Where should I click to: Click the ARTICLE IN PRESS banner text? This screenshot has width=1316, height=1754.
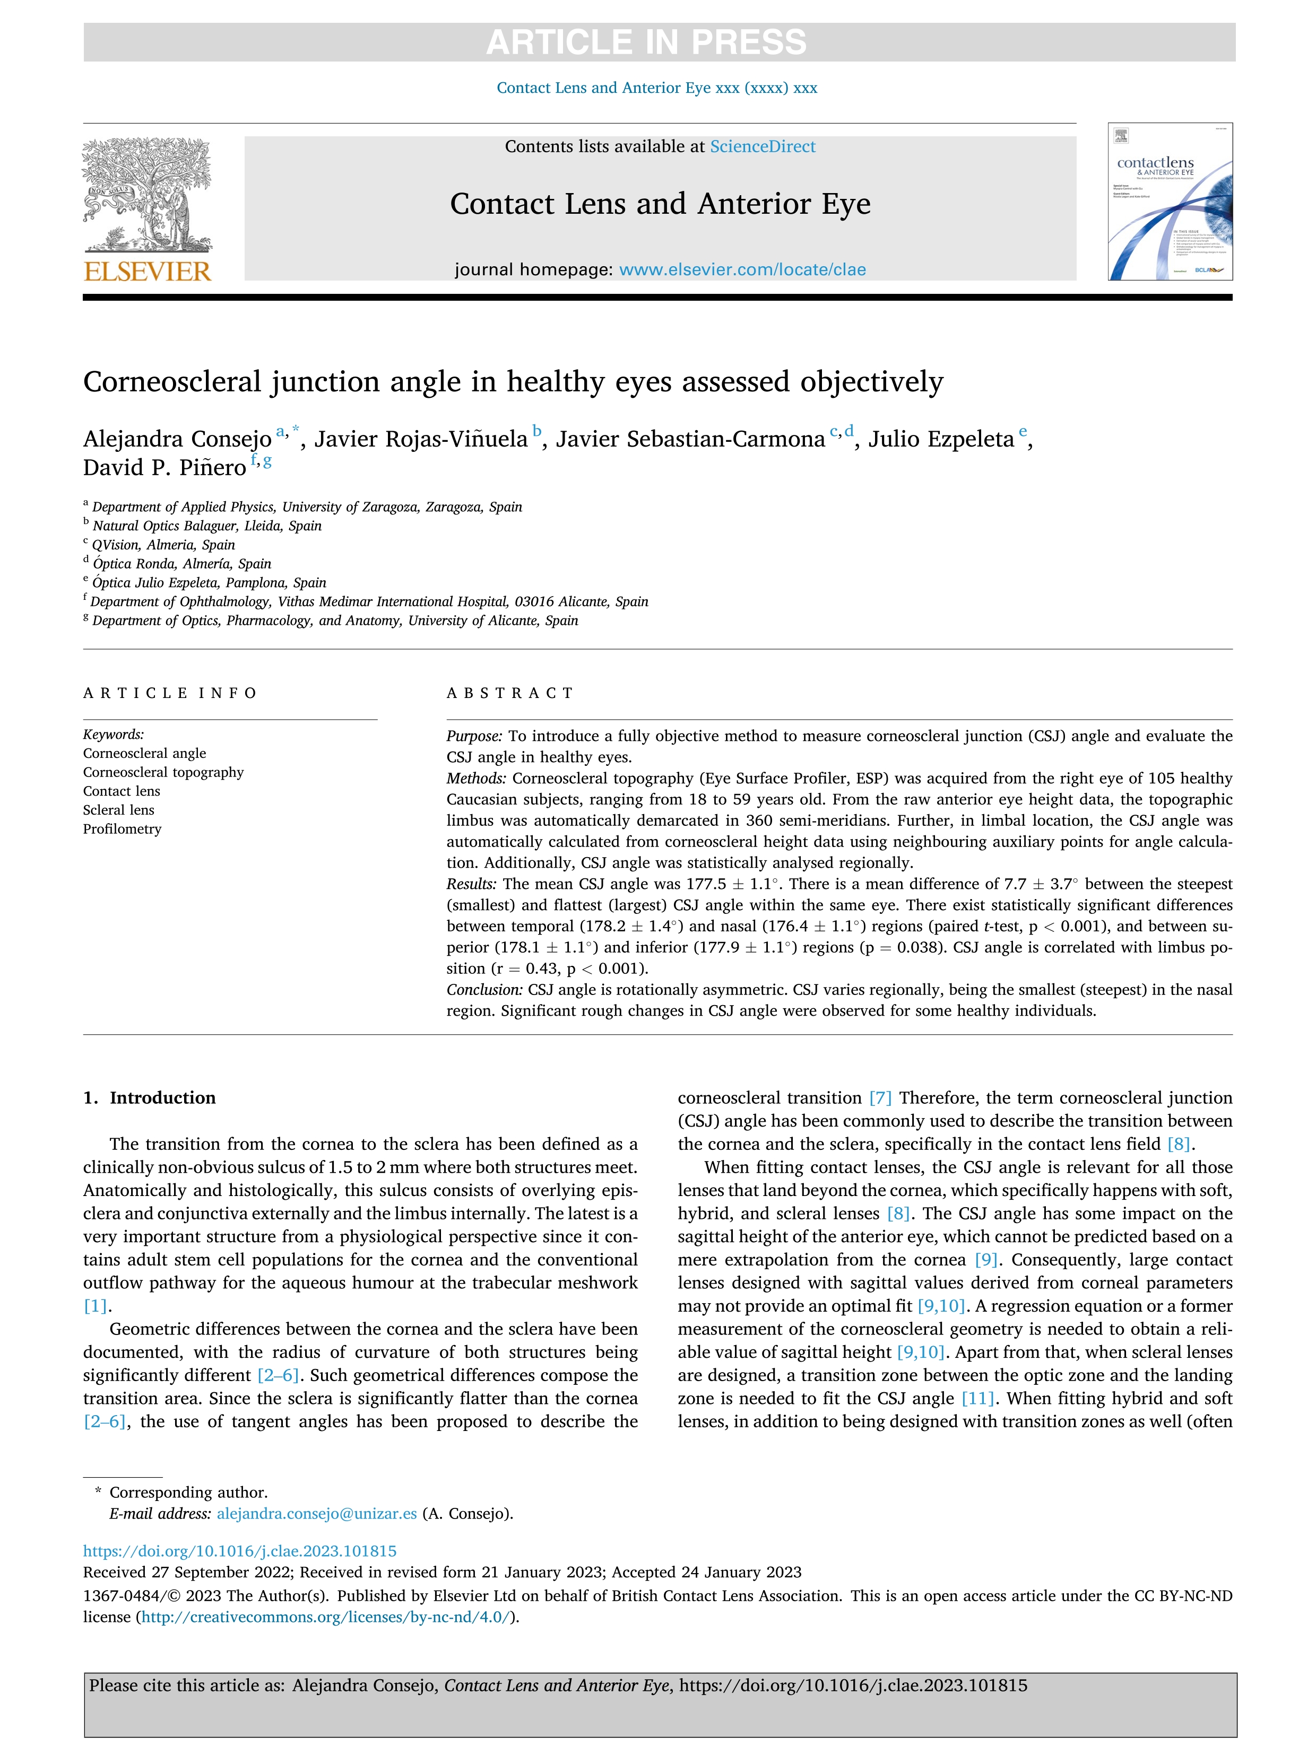tap(646, 42)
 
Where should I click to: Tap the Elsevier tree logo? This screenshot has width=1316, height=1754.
tap(148, 194)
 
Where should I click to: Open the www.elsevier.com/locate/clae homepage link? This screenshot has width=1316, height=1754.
tap(742, 269)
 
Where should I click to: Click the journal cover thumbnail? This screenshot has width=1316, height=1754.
tap(1170, 202)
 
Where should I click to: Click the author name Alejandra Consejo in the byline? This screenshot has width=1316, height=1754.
tap(178, 439)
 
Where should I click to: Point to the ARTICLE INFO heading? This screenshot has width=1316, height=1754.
tap(170, 693)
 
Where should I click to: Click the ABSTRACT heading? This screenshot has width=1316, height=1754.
tap(510, 693)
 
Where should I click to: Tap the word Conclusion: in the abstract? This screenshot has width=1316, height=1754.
tap(484, 990)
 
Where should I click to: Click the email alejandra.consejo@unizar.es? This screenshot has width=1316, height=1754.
tap(316, 1514)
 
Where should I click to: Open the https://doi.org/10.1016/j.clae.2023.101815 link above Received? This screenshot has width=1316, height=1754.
tap(239, 1551)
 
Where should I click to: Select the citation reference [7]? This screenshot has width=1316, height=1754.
tap(880, 1098)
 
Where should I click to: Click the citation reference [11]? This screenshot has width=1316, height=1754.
tap(977, 1399)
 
